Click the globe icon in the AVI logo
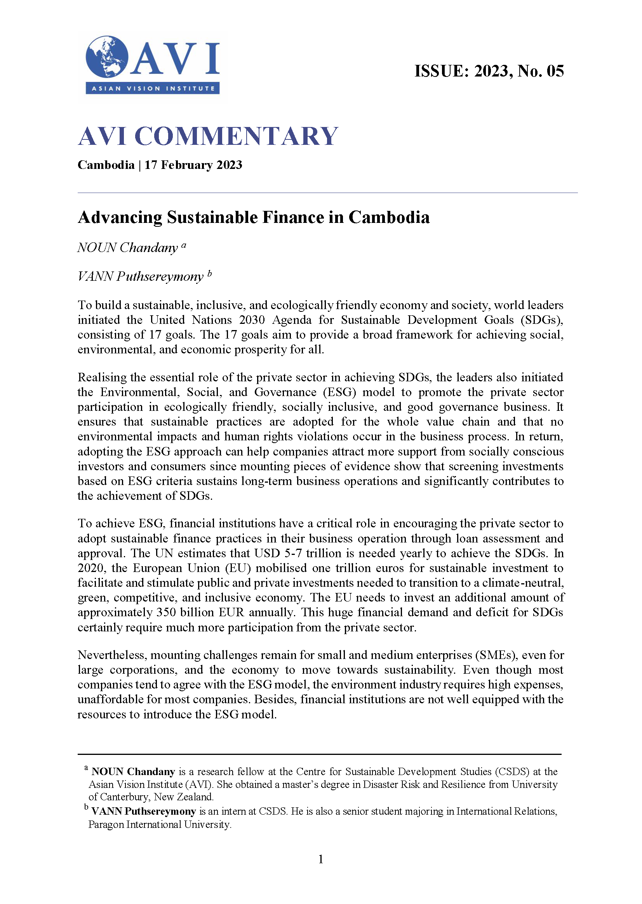pyautogui.click(x=107, y=57)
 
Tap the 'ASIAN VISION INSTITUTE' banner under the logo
pyautogui.click(x=153, y=88)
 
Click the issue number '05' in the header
pyautogui.click(x=555, y=71)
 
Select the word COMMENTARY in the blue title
pyautogui.click(x=236, y=136)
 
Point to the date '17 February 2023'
pyautogui.click(x=193, y=165)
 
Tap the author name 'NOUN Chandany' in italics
pyautogui.click(x=127, y=248)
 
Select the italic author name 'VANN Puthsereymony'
pyautogui.click(x=140, y=276)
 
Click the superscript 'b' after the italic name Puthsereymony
pyautogui.click(x=209, y=273)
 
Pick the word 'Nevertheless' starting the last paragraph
pyautogui.click(x=112, y=655)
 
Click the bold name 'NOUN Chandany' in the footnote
pyautogui.click(x=133, y=772)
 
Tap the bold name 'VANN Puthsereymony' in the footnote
pyautogui.click(x=143, y=811)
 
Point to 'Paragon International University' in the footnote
pyautogui.click(x=159, y=824)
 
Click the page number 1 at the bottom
pyautogui.click(x=320, y=859)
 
